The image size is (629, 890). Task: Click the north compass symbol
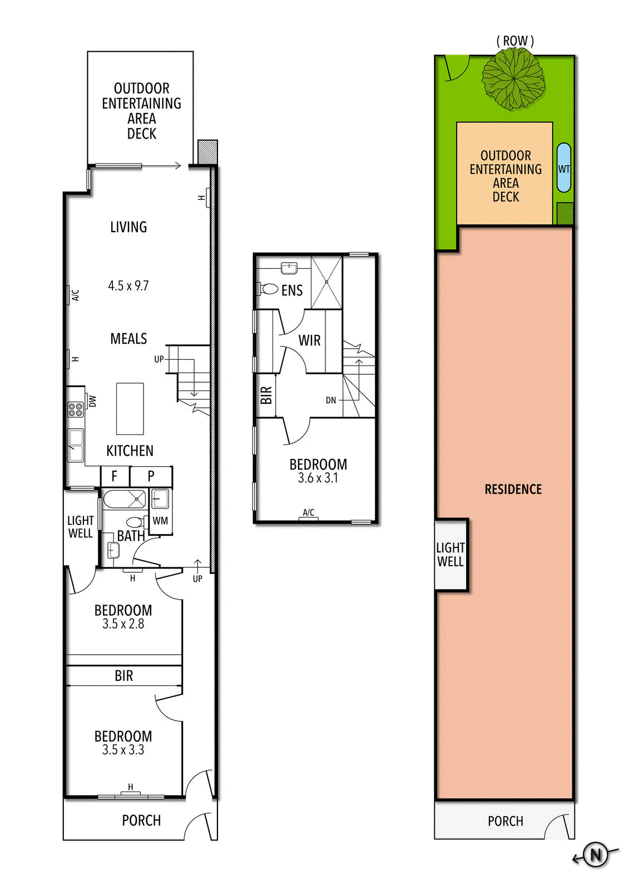coord(595,854)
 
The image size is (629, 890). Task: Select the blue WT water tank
coord(563,167)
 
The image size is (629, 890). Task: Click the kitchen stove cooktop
coord(75,409)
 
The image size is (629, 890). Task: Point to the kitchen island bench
coord(130,409)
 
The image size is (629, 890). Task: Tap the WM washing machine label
coord(160,521)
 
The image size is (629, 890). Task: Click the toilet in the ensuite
coord(268,289)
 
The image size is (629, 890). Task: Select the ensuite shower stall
coord(326,282)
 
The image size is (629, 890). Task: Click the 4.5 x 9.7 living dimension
coord(128,286)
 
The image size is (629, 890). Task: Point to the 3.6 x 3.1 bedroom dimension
coord(318,478)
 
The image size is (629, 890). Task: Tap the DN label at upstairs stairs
coord(330,400)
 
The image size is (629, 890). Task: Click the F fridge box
coord(115,476)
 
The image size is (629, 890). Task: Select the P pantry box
coord(151,476)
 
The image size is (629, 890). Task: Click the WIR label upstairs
coord(309,340)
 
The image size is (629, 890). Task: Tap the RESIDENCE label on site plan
coord(513,489)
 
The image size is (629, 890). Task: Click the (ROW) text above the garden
coord(515,41)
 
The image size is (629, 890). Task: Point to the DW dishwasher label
coord(92,401)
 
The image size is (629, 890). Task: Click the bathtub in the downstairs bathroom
coord(125,500)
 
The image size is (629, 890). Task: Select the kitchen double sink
coord(76,445)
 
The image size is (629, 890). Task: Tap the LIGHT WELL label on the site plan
coord(450,555)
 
